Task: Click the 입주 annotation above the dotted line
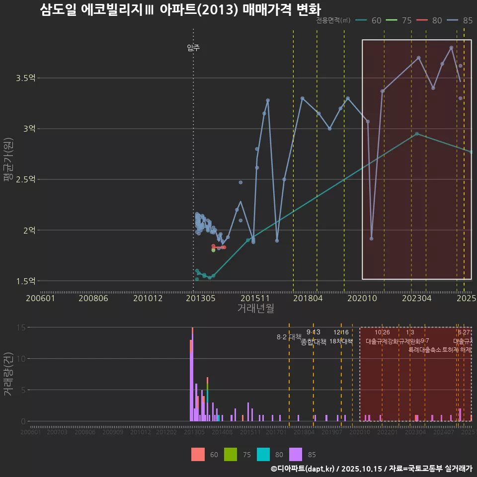tap(193, 48)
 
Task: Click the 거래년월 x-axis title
tap(255, 309)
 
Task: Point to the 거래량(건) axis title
tap(8, 374)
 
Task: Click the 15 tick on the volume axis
tap(21, 327)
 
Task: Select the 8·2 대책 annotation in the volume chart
tap(289, 337)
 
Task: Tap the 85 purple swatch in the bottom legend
tap(296, 454)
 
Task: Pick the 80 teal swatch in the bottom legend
tap(263, 454)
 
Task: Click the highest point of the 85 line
tap(451, 48)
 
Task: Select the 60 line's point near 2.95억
tap(417, 133)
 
